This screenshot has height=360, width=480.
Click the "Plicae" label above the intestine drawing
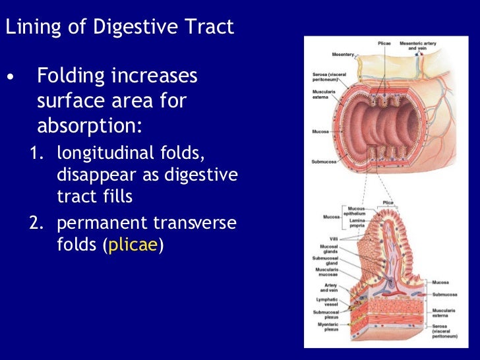(385, 43)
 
